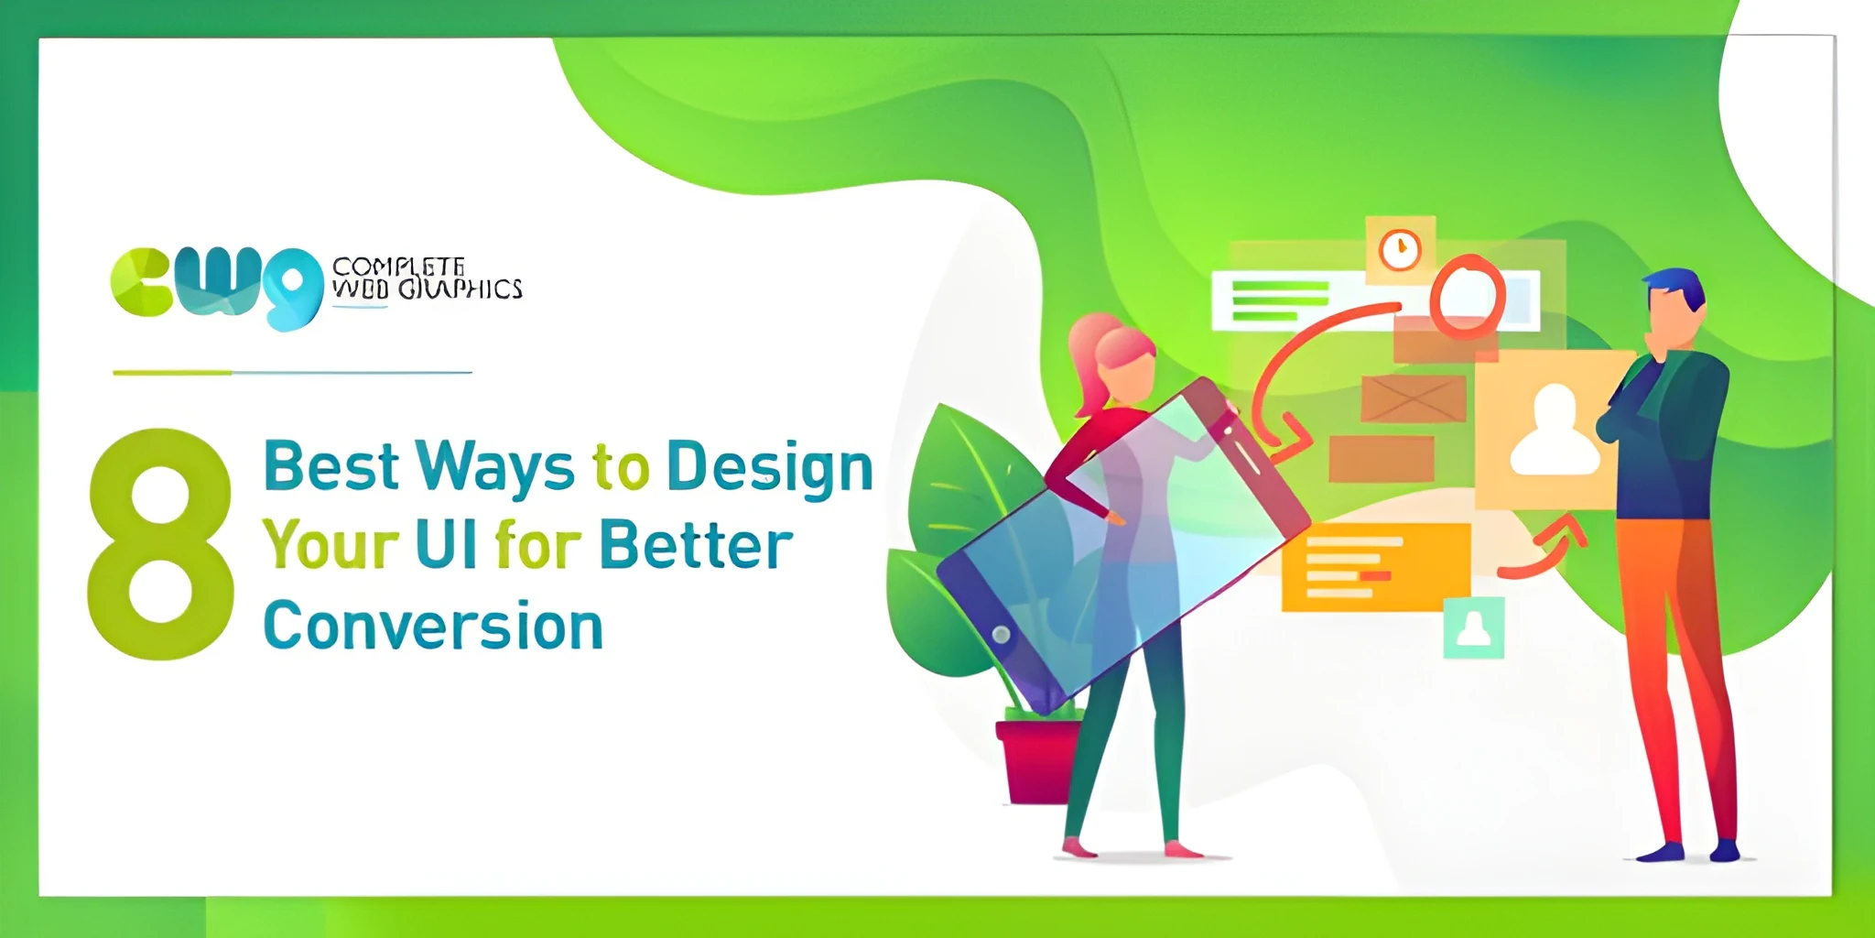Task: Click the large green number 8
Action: pyautogui.click(x=160, y=545)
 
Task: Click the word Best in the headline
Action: pyautogui.click(x=331, y=466)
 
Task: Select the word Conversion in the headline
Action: pyautogui.click(x=433, y=627)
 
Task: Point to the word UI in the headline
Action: pyautogui.click(x=446, y=546)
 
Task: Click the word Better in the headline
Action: pyautogui.click(x=696, y=546)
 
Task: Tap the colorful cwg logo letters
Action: pyautogui.click(x=216, y=284)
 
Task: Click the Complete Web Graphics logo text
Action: pyautogui.click(x=426, y=278)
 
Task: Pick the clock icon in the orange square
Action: pyautogui.click(x=1400, y=249)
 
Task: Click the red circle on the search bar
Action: pyautogui.click(x=1467, y=296)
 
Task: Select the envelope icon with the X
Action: pyautogui.click(x=1413, y=399)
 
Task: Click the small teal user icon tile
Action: pyautogui.click(x=1474, y=628)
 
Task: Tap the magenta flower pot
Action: pyautogui.click(x=1036, y=760)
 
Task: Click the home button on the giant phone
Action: pyautogui.click(x=1001, y=634)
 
